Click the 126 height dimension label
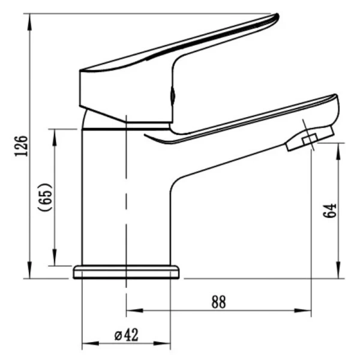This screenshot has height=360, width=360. click(x=21, y=146)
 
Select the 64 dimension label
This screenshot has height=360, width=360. click(x=330, y=211)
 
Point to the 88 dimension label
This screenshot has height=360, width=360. click(x=218, y=302)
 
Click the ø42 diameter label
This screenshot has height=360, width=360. click(x=126, y=335)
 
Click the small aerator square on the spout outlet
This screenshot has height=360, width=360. click(x=310, y=140)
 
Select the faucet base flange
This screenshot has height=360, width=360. click(x=126, y=272)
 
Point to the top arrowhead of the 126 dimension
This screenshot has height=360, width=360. click(x=29, y=22)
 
